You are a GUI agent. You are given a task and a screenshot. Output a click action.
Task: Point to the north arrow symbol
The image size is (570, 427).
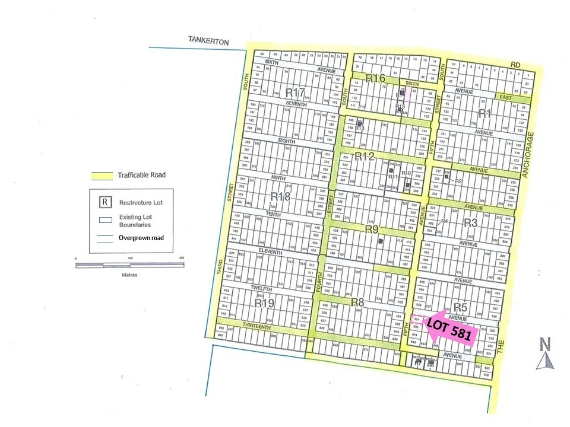point(545,353)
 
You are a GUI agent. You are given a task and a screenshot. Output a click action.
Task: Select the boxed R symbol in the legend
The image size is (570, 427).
point(104,202)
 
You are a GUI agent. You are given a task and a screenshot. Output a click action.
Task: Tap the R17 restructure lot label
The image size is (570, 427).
point(295,93)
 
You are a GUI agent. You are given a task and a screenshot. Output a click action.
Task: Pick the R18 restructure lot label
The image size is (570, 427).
point(280,196)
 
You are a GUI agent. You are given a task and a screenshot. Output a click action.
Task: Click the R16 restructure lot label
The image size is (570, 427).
point(375,78)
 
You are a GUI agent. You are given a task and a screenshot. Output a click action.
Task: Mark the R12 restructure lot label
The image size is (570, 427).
point(364,157)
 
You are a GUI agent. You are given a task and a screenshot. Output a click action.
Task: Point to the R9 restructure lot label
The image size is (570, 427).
point(372,229)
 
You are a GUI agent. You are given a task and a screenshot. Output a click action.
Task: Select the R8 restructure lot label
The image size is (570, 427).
point(357,302)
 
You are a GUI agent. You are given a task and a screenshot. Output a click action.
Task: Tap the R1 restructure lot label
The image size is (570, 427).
point(485,113)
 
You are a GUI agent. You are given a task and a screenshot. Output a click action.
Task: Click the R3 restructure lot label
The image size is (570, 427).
point(470,223)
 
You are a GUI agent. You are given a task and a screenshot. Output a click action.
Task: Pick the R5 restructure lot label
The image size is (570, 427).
point(461,307)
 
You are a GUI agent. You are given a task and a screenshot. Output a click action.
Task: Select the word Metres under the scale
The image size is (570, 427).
point(129,275)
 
